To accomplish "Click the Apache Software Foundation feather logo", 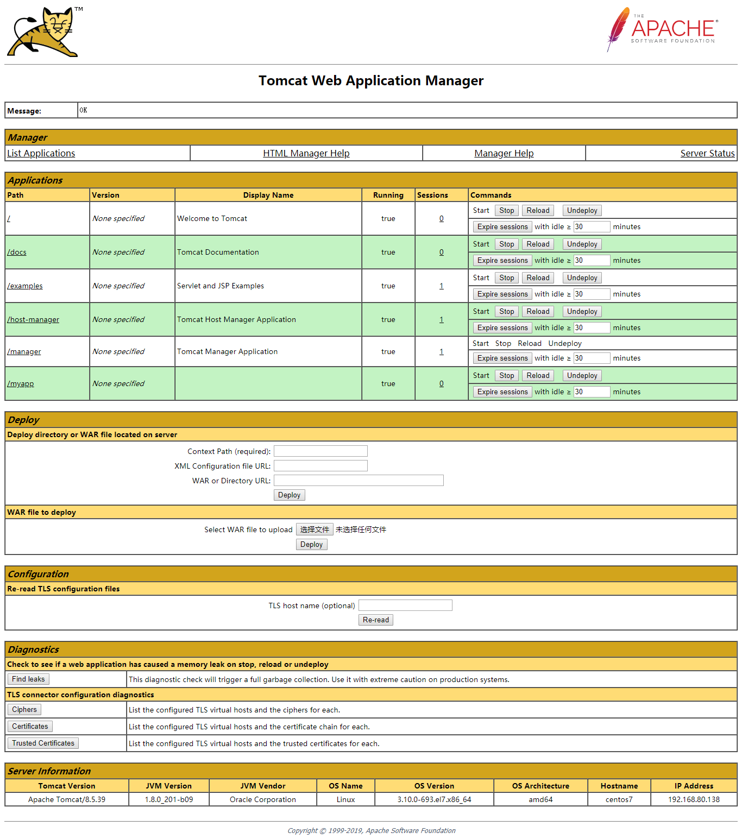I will pyautogui.click(x=662, y=30).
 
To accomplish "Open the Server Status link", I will pyautogui.click(x=707, y=153).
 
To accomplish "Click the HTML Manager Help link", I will pyautogui.click(x=306, y=153).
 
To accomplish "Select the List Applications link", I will pyautogui.click(x=41, y=153).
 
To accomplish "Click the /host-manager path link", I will pyautogui.click(x=33, y=319).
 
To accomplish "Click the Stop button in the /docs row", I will pyautogui.click(x=506, y=244).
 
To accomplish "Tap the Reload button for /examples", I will pyautogui.click(x=538, y=278).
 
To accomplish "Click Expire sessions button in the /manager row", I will pyautogui.click(x=502, y=358).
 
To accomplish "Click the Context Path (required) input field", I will pyautogui.click(x=320, y=451).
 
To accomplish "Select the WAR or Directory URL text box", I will pyautogui.click(x=359, y=481).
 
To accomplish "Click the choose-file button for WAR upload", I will pyautogui.click(x=315, y=529).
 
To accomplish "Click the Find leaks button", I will pyautogui.click(x=28, y=679).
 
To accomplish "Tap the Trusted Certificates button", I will pyautogui.click(x=43, y=743).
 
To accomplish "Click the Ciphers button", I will pyautogui.click(x=24, y=709).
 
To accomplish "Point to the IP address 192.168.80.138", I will pyautogui.click(x=694, y=799).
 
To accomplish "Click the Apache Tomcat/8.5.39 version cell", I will pyautogui.click(x=67, y=799).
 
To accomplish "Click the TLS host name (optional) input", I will pyautogui.click(x=405, y=605).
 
